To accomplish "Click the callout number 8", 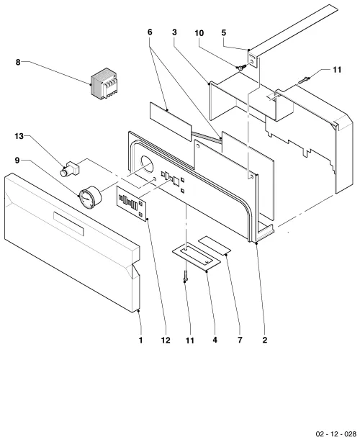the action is pos(18,62).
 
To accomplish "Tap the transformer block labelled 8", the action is pos(104,84).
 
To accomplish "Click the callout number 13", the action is pos(19,137).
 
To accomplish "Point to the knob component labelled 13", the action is pos(70,168).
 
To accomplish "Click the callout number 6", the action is pos(150,32).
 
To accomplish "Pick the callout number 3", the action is pos(174,32).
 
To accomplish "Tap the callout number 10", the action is pos(199,33).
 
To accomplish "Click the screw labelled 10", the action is pos(241,68).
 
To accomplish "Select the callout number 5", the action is pos(223,32).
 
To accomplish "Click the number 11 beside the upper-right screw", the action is pos(337,70).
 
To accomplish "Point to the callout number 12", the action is pos(166,340).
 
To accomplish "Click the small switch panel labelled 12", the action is pos(132,204).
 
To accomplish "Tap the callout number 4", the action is pos(215,340).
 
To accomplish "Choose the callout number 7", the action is pos(240,340).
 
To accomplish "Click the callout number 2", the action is pos(264,340).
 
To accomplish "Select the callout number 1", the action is pos(140,340).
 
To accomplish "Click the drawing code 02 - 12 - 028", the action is pos(336,433).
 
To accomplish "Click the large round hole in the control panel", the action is pos(146,164).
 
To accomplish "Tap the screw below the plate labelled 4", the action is pos(185,276).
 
